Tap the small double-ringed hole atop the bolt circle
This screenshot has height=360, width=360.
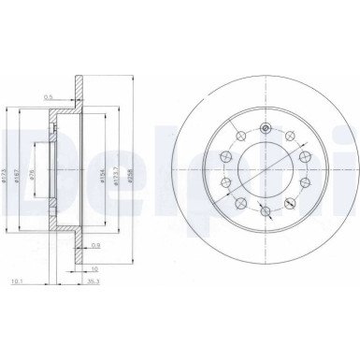pos(267,128)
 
